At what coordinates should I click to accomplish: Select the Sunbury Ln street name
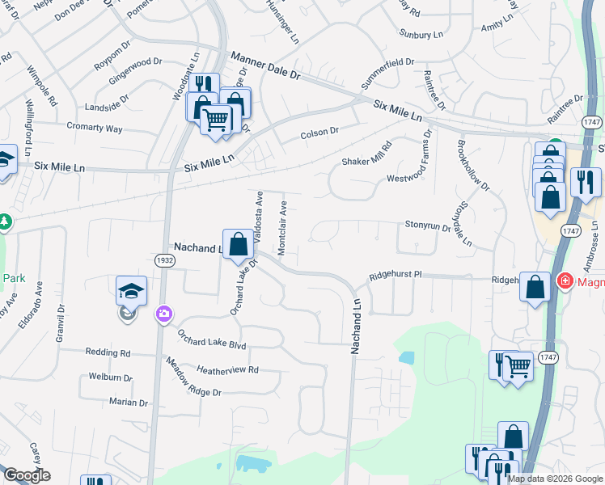pyautogui.click(x=421, y=35)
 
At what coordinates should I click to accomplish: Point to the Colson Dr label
pyautogui.click(x=319, y=134)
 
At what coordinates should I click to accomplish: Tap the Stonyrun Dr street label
pyautogui.click(x=428, y=227)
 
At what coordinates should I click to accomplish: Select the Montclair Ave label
pyautogui.click(x=283, y=229)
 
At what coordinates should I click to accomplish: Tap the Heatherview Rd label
pyautogui.click(x=227, y=369)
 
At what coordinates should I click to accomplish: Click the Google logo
pyautogui.click(x=27, y=476)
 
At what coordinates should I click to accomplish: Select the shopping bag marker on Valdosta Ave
pyautogui.click(x=239, y=244)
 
